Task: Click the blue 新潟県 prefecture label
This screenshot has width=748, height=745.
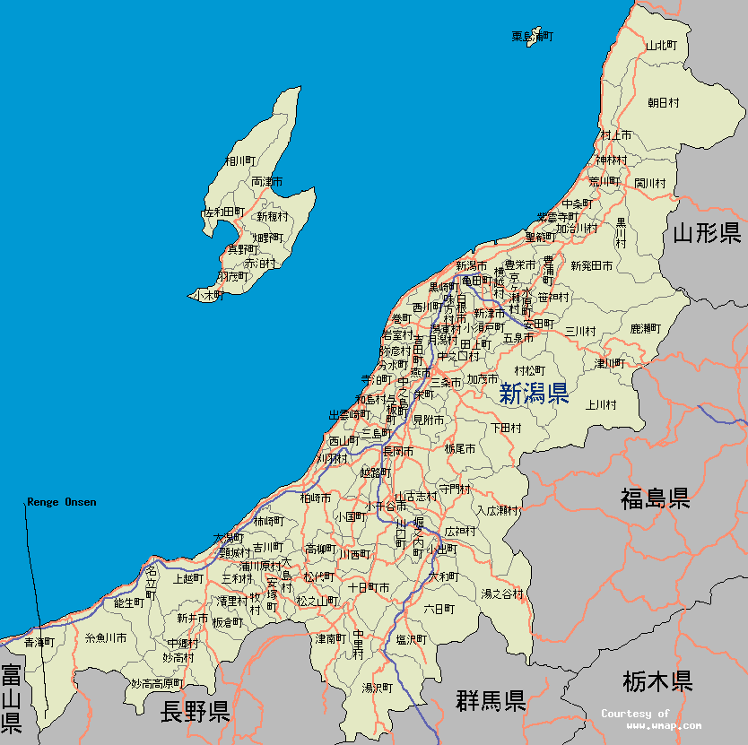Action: [x=534, y=394]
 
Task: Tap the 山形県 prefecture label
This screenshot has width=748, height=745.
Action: [x=707, y=233]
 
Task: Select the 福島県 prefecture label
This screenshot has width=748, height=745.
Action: [x=655, y=498]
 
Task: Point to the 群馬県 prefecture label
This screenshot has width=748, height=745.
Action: [x=490, y=700]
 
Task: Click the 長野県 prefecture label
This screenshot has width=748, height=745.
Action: [x=195, y=712]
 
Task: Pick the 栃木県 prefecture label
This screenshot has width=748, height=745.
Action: [x=657, y=681]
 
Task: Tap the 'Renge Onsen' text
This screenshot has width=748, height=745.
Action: [x=62, y=502]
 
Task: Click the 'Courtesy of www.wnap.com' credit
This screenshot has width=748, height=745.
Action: [x=650, y=719]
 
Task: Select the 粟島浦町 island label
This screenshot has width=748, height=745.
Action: [x=533, y=37]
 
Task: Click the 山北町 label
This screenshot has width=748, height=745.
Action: [x=661, y=45]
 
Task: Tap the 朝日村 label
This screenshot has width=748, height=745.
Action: [x=664, y=103]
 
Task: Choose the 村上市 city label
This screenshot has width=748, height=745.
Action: [x=616, y=134]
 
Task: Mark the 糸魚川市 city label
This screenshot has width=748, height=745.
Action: [x=105, y=638]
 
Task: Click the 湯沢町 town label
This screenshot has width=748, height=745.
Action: [x=378, y=688]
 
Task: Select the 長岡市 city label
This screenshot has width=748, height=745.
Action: [x=398, y=451]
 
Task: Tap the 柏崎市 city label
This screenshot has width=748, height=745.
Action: [x=316, y=498]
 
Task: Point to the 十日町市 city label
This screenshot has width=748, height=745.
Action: [x=369, y=587]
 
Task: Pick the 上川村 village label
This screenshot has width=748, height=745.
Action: [x=601, y=404]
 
